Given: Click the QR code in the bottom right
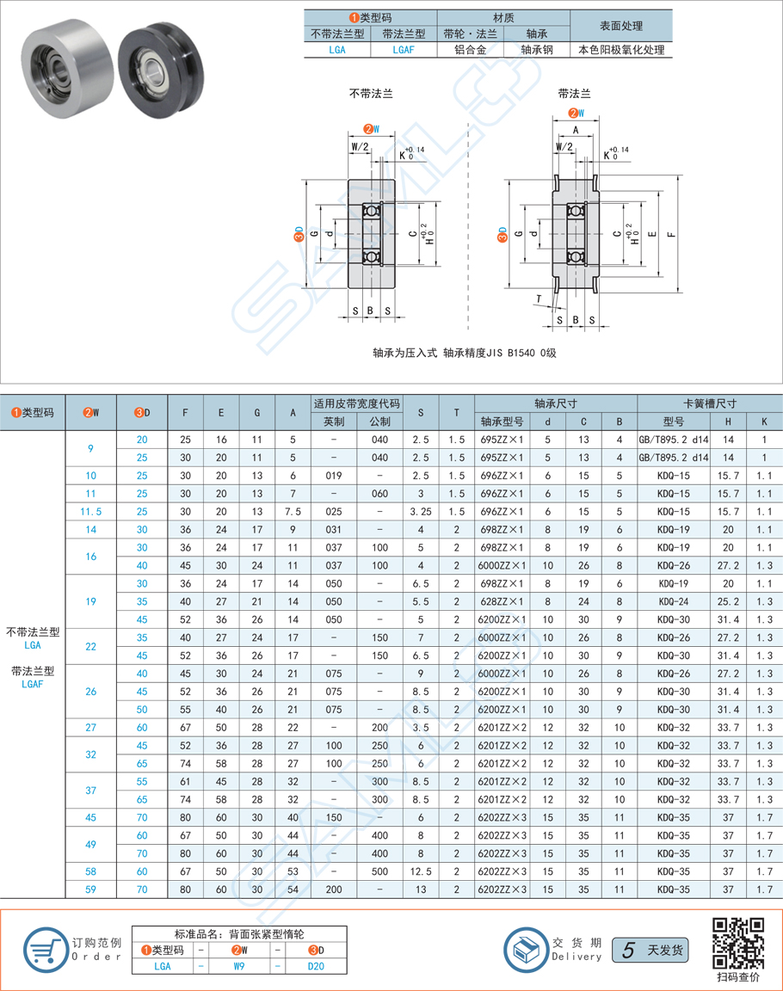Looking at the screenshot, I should point(737,943).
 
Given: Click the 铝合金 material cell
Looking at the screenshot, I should point(470,50).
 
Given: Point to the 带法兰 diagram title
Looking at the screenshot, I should point(574,94).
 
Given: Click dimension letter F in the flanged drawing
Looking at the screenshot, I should point(672,233).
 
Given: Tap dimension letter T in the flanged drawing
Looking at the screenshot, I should point(538,299).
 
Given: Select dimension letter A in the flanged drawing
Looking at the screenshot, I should point(575,129).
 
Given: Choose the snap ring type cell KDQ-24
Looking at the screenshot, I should point(674,601).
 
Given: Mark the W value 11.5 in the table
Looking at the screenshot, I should point(90,512).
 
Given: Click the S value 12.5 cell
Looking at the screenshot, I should point(421,871).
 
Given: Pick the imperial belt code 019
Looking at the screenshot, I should point(334,476).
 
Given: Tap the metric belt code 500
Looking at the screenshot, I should point(379,871).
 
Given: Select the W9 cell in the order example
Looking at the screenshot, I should point(237,966).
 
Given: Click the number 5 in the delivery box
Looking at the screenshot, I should point(628,950).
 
